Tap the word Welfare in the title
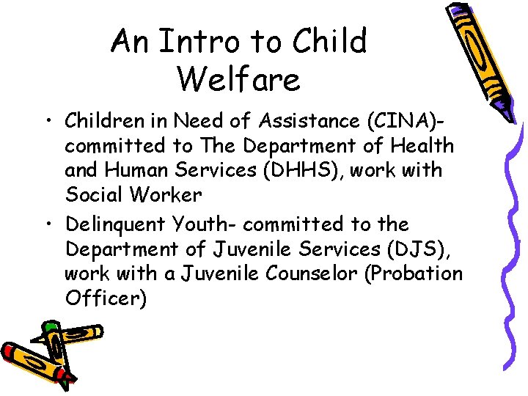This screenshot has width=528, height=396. (x=238, y=78)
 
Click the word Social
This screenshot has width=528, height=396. (x=92, y=196)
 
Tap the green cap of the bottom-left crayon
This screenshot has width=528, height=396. (x=50, y=326)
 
